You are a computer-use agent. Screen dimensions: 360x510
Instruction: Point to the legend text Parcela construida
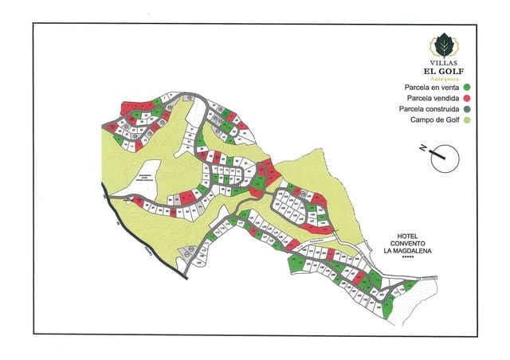[x=428, y=108]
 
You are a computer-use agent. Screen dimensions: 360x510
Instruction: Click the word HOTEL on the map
[x=408, y=237]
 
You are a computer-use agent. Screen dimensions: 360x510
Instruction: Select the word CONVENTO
[x=408, y=244]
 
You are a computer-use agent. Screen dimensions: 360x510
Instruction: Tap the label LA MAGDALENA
[x=408, y=251]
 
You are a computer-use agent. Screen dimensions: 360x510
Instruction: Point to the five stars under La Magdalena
[x=408, y=257]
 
